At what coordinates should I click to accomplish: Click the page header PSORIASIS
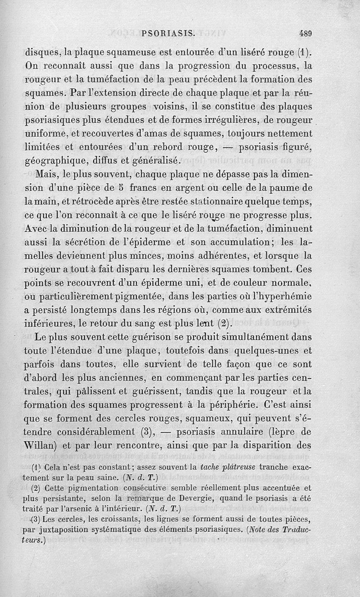[x=167, y=33]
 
